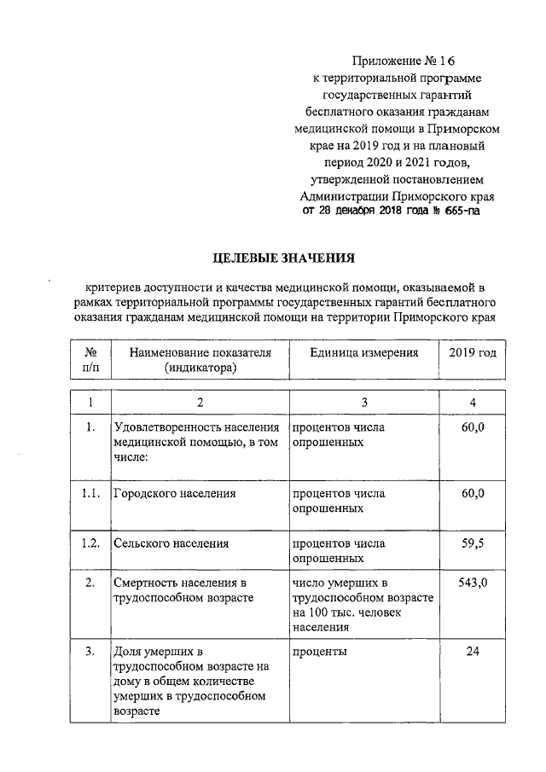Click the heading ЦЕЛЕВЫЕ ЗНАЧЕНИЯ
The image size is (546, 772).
pyautogui.click(x=282, y=257)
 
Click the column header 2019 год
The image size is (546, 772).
pyautogui.click(x=472, y=352)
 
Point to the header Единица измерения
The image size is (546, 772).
pyautogui.click(x=363, y=352)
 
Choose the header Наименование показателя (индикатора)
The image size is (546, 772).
pyautogui.click(x=200, y=360)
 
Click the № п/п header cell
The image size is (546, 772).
pyautogui.click(x=90, y=360)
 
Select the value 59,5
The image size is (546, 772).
pyautogui.click(x=473, y=543)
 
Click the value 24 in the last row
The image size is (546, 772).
pyautogui.click(x=473, y=652)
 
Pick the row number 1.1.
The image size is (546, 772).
pyautogui.click(x=90, y=494)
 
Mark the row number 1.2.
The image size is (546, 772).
pyautogui.click(x=90, y=543)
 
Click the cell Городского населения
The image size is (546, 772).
pyautogui.click(x=174, y=494)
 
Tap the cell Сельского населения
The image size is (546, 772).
pyautogui.click(x=171, y=543)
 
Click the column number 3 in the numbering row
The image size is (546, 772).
pyautogui.click(x=363, y=403)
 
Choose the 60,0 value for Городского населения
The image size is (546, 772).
pyautogui.click(x=473, y=494)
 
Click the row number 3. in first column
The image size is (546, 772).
pyautogui.click(x=90, y=652)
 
